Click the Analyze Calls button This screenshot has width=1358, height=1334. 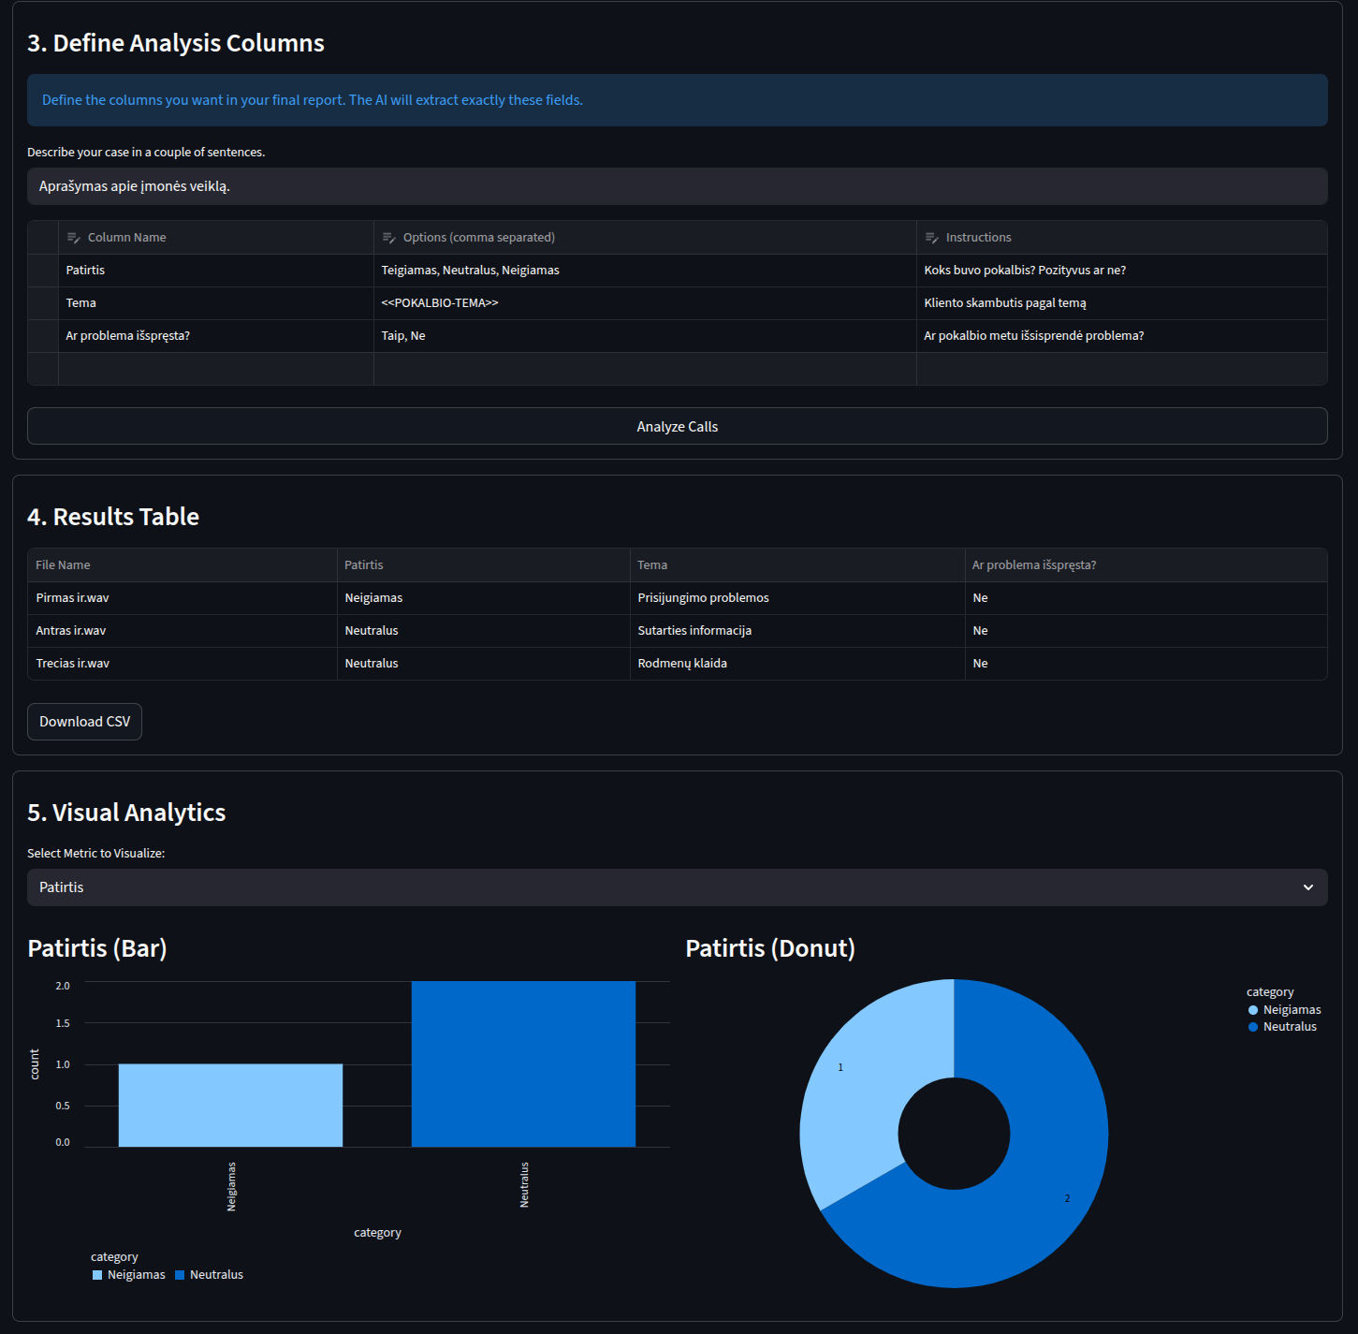(677, 426)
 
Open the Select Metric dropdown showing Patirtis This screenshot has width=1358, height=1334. (677, 887)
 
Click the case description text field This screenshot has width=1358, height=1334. (677, 186)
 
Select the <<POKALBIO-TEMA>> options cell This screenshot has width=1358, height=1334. (644, 303)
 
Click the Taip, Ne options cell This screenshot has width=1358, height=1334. (644, 336)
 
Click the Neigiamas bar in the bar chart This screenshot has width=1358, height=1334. (230, 1105)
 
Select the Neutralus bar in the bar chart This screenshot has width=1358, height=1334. (523, 1063)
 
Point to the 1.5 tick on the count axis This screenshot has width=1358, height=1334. (63, 1023)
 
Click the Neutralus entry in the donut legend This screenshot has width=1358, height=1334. (1289, 1027)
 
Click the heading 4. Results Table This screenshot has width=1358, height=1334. (113, 517)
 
